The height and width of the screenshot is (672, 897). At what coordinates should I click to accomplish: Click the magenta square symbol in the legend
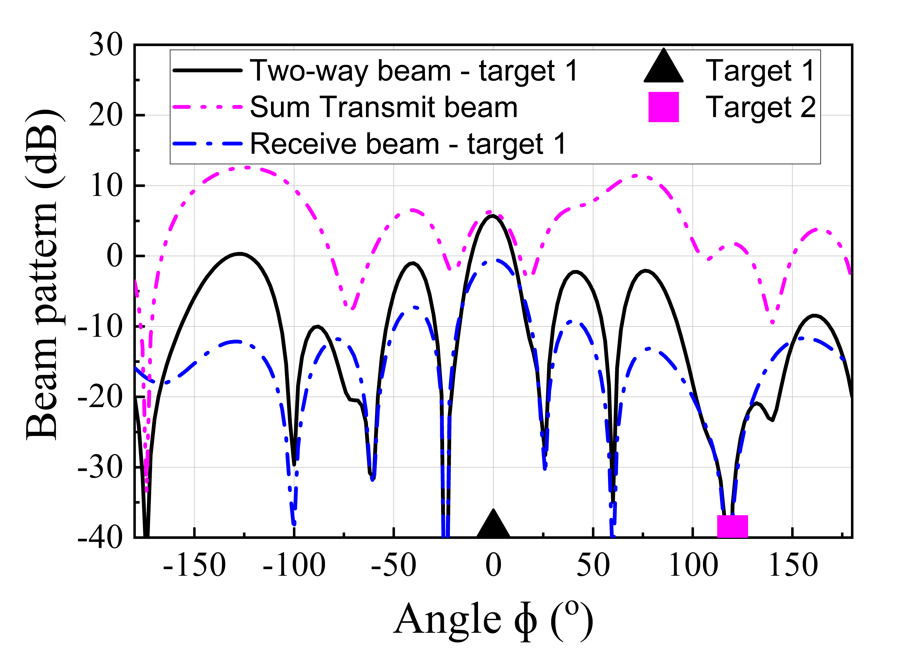point(663,107)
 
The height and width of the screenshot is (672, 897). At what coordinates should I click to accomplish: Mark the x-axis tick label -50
point(393,566)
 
